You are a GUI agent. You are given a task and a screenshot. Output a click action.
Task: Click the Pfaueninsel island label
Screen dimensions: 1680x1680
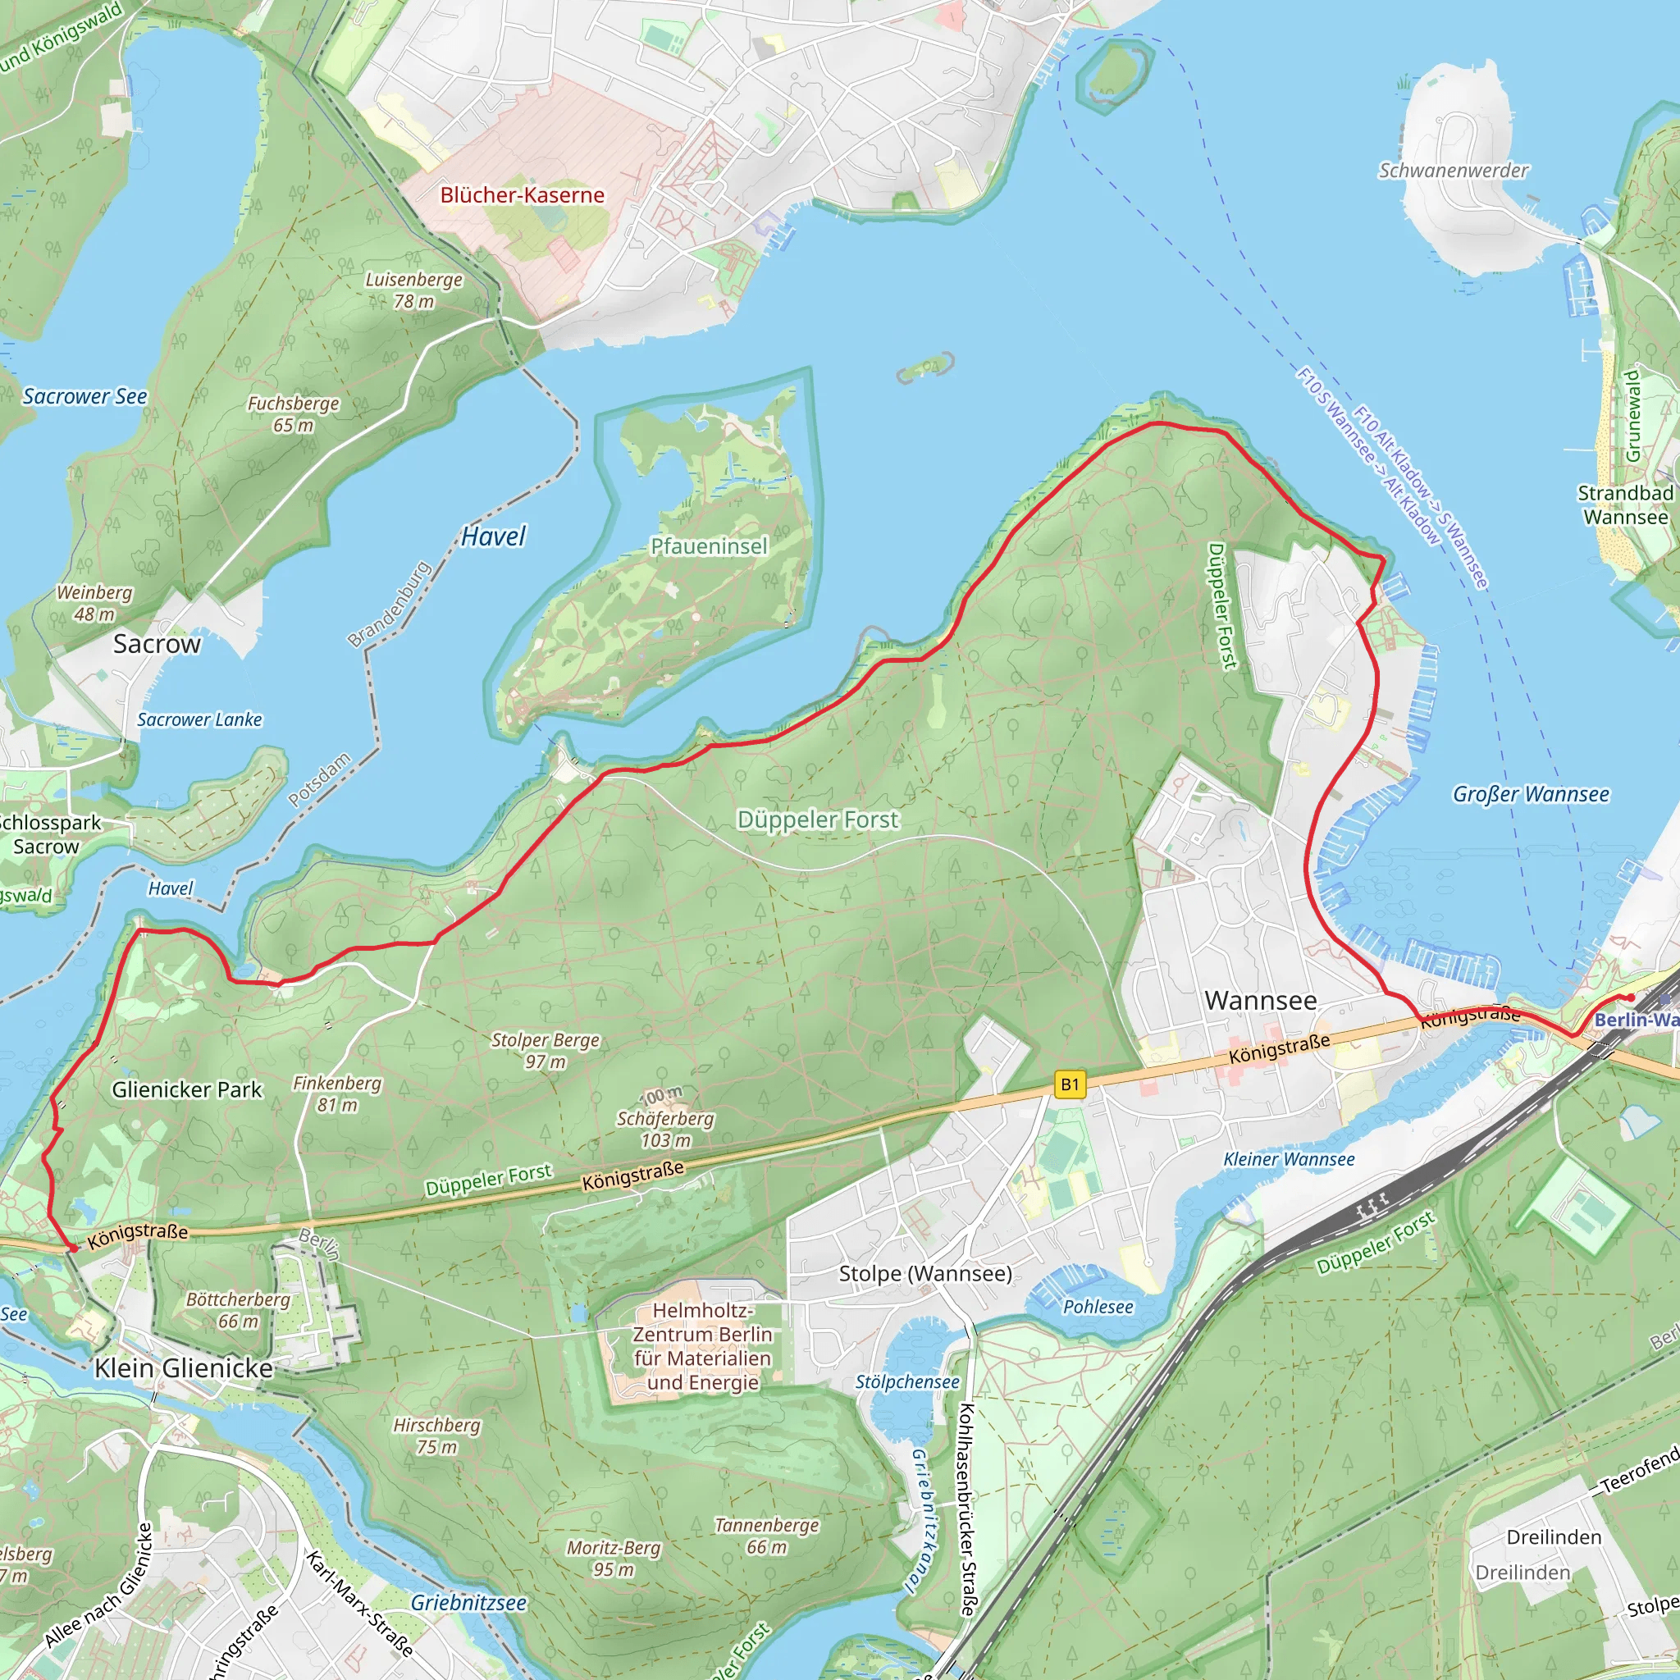coord(709,546)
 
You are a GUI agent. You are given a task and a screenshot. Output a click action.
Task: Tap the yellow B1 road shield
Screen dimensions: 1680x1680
coord(1070,1084)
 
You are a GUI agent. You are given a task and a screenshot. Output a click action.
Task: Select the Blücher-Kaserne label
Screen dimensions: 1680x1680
coord(522,194)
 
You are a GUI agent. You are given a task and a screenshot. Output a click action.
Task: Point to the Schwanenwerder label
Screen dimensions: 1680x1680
coord(1453,171)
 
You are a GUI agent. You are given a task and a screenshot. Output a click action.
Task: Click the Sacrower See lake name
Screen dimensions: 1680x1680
coord(84,396)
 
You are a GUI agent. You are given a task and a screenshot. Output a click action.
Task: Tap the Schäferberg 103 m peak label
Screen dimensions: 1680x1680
coord(665,1129)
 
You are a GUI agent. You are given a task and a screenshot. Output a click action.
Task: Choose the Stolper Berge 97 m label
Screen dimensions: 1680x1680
coord(546,1051)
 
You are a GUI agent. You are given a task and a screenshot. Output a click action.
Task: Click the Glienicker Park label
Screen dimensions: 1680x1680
coord(186,1089)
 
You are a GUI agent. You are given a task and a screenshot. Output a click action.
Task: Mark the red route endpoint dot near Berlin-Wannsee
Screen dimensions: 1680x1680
coord(1632,997)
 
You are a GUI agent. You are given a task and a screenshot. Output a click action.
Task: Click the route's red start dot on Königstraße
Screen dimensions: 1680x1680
coord(73,1248)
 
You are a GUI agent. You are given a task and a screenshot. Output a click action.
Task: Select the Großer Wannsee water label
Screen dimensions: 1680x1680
coord(1531,794)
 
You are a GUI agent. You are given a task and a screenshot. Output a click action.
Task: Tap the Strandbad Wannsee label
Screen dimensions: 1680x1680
coord(1625,505)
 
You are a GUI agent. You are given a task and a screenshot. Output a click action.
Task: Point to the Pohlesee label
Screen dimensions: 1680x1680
coord(1098,1307)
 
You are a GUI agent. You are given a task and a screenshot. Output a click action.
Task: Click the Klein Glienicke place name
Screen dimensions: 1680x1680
coord(184,1367)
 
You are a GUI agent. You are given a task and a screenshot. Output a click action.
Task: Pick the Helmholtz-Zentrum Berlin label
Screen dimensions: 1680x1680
coord(703,1346)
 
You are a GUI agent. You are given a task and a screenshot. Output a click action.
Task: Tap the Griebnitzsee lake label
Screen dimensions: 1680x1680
coord(468,1603)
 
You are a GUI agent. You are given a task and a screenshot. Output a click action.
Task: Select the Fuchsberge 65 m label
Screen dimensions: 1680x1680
coord(293,414)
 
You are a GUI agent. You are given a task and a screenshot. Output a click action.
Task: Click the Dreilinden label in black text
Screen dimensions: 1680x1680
coord(1554,1537)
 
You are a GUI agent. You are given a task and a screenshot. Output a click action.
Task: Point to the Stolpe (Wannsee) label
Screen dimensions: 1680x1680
coord(925,1274)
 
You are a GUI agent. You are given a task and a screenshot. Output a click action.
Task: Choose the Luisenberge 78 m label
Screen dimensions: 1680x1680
coord(413,290)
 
